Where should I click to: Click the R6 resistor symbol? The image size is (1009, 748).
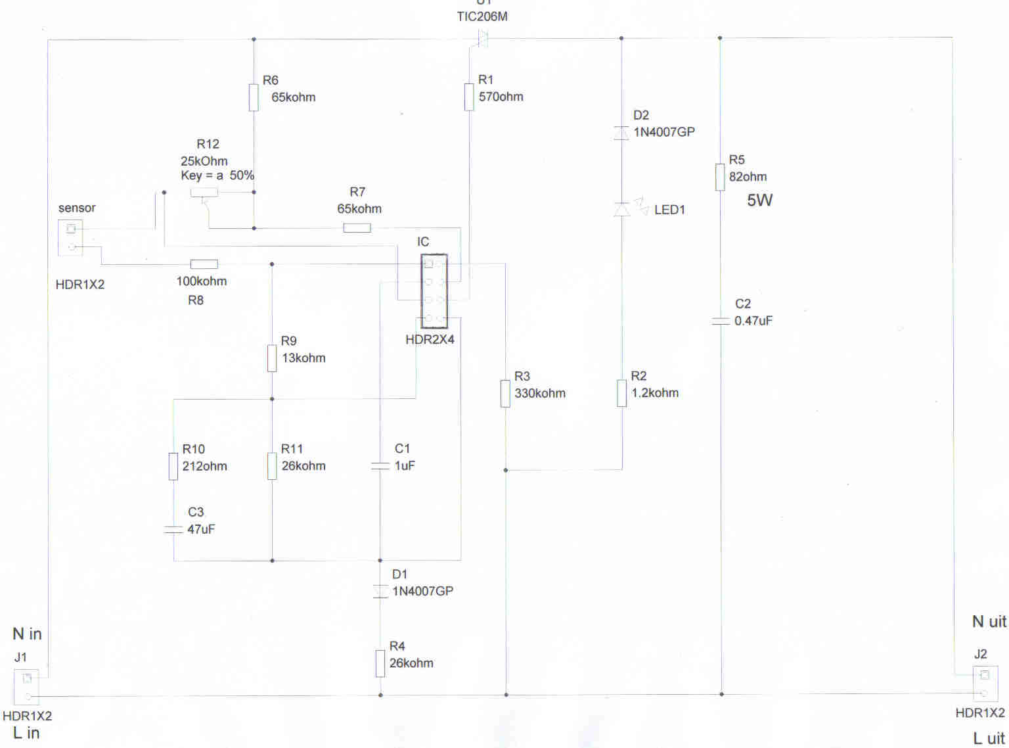254,97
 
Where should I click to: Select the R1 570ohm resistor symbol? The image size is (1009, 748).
469,97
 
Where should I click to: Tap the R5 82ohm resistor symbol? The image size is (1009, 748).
720,177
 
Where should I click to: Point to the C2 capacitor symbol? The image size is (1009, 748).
721,321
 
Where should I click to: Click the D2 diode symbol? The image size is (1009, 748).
621,132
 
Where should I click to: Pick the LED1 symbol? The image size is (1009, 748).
622,209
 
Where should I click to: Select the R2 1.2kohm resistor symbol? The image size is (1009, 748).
621,393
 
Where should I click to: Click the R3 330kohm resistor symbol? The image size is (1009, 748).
505,393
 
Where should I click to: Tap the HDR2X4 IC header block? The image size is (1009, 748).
434,291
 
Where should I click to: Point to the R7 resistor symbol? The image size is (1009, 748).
357,228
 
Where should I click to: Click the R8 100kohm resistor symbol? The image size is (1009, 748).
204,264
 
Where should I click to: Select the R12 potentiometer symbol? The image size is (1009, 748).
204,193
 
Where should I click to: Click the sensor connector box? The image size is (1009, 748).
71,238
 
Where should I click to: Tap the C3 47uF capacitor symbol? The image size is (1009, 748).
173,529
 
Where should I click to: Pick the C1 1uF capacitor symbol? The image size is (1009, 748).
380,466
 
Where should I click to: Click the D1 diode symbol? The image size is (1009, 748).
380,591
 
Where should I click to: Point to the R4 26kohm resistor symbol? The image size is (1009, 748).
380,663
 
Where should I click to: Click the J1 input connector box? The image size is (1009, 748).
27,687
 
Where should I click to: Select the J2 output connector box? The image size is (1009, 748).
985,684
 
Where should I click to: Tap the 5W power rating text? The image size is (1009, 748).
759,200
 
